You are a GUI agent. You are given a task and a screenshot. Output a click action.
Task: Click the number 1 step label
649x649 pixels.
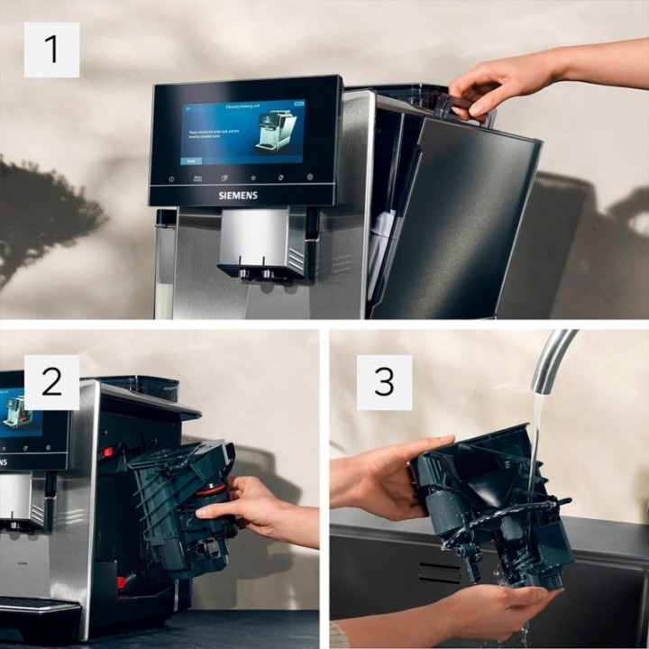pyautogui.click(x=51, y=50)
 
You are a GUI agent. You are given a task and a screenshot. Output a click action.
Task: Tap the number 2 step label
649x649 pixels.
pyautogui.click(x=51, y=382)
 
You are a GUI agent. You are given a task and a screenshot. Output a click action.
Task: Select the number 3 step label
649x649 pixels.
pyautogui.click(x=384, y=382)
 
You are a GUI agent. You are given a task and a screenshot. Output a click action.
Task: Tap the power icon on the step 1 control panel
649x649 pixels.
pyautogui.click(x=171, y=178)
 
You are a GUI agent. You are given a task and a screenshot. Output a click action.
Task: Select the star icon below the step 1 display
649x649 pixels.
pyautogui.click(x=253, y=178)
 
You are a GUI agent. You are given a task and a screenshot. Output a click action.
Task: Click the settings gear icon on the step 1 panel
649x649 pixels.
pyautogui.click(x=310, y=178)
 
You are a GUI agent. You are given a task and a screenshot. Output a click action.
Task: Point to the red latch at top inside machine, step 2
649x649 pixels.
pyautogui.click(x=107, y=452)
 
